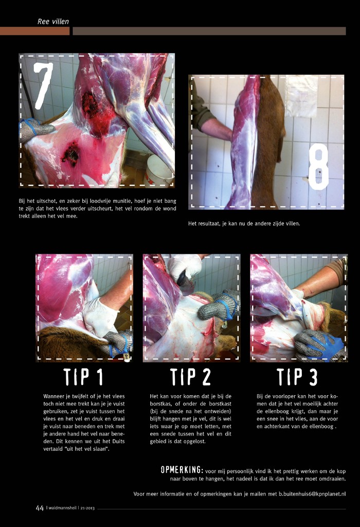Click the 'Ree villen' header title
point(53,22)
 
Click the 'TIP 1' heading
point(83,377)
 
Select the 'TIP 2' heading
point(190,377)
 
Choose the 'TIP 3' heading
point(297,377)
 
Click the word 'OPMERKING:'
point(182,470)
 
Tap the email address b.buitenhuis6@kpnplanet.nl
point(312,494)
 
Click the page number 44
point(40,508)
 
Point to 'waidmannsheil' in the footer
point(62,508)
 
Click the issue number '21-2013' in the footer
point(87,508)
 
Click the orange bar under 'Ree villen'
point(34,31)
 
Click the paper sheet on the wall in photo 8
point(301,96)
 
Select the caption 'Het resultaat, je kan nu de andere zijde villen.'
point(244,223)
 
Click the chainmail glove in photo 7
point(35,129)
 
